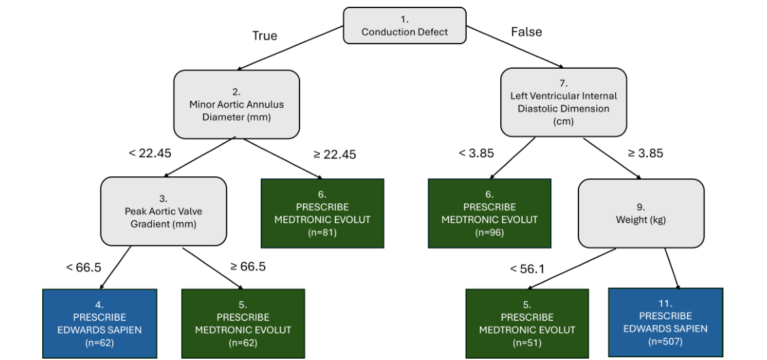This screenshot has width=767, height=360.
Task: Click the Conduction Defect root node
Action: (404, 26)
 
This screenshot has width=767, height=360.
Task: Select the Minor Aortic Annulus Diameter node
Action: (236, 104)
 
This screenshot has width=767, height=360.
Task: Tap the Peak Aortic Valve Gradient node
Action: (163, 211)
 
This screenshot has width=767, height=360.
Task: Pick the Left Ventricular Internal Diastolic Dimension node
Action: (564, 101)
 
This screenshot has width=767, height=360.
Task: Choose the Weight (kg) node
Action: (640, 213)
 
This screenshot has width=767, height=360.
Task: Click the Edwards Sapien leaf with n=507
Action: (665, 322)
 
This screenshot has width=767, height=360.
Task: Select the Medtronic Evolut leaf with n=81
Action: (323, 213)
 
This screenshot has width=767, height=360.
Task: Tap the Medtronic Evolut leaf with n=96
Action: (489, 213)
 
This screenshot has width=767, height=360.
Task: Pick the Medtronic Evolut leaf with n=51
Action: (527, 323)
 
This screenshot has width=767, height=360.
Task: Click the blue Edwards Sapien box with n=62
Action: (99, 323)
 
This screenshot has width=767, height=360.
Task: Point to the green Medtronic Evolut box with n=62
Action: (243, 323)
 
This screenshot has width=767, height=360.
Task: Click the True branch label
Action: (265, 35)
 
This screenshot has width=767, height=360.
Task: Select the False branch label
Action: (527, 31)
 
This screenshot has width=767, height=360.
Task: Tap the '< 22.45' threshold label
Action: (150, 152)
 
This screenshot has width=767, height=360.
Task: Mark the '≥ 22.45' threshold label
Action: (335, 154)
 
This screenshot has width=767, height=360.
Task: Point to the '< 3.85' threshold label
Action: (476, 153)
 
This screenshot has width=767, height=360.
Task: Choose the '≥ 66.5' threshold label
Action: (248, 266)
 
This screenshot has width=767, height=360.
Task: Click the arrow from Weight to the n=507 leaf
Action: (672, 268)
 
